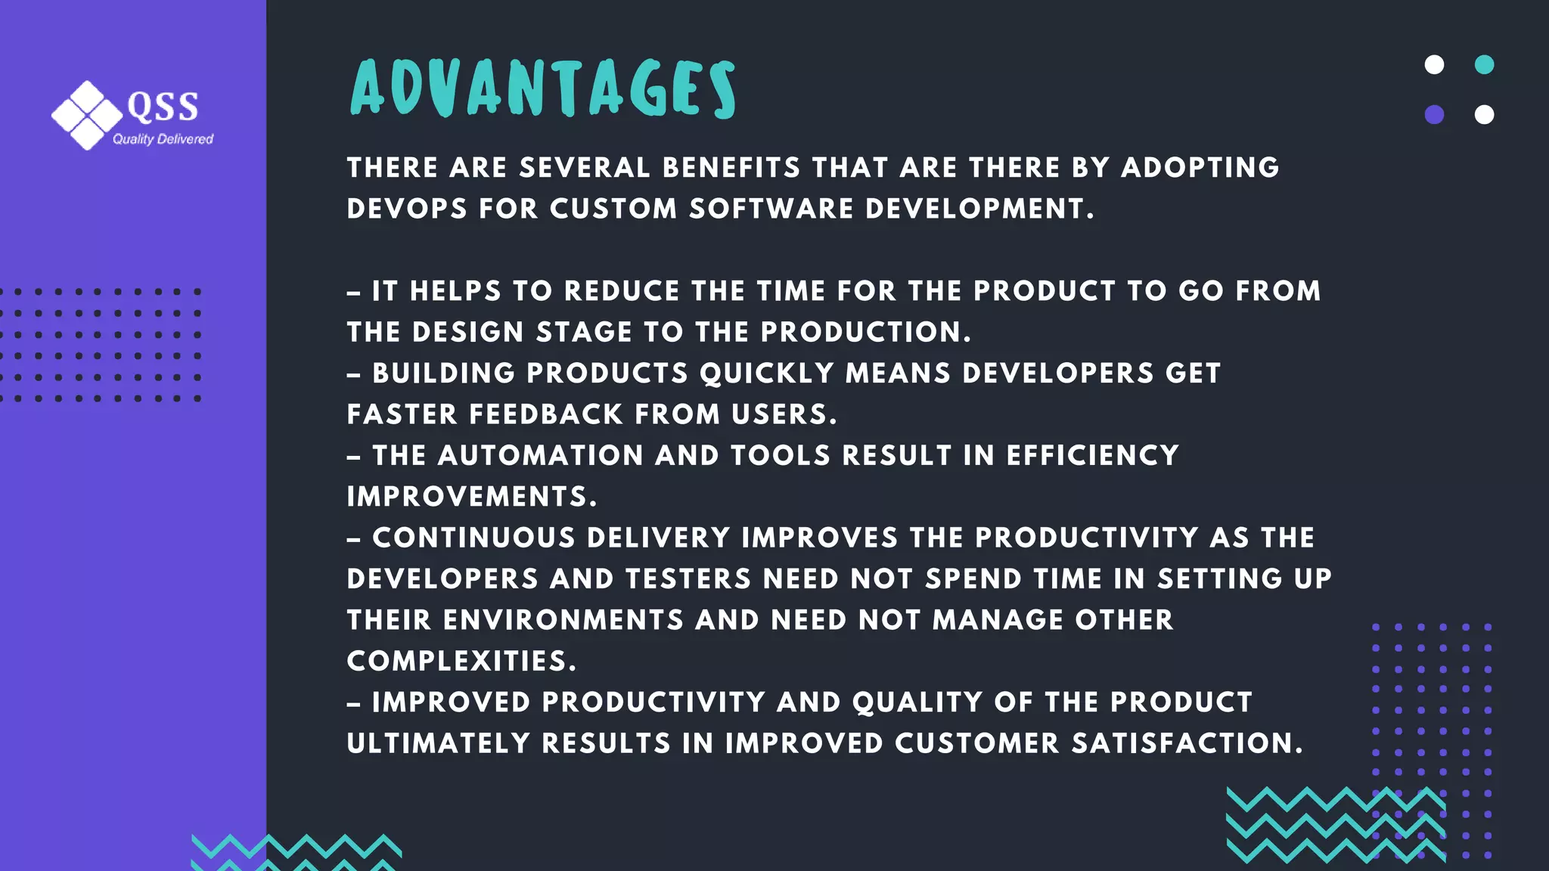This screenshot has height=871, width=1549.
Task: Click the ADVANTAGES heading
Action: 542,88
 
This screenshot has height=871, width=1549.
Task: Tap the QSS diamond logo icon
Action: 87,115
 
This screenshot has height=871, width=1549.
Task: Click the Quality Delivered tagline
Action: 163,139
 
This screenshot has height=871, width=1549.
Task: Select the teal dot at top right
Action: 1484,64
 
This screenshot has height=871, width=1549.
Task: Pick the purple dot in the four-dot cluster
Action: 1434,115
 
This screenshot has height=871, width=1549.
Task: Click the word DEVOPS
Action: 407,209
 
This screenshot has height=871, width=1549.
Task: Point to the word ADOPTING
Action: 1200,168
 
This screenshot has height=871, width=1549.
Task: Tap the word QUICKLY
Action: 766,374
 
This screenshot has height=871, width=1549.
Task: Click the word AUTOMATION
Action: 540,456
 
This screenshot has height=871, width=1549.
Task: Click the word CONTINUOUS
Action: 473,538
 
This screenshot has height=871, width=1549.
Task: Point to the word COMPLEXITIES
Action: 461,662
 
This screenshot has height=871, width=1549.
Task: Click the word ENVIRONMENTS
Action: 563,620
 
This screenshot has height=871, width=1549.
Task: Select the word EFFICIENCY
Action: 1092,456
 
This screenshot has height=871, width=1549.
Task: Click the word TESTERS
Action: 688,579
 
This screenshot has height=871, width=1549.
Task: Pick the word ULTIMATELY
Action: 439,743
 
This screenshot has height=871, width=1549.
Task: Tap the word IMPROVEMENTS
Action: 471,497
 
